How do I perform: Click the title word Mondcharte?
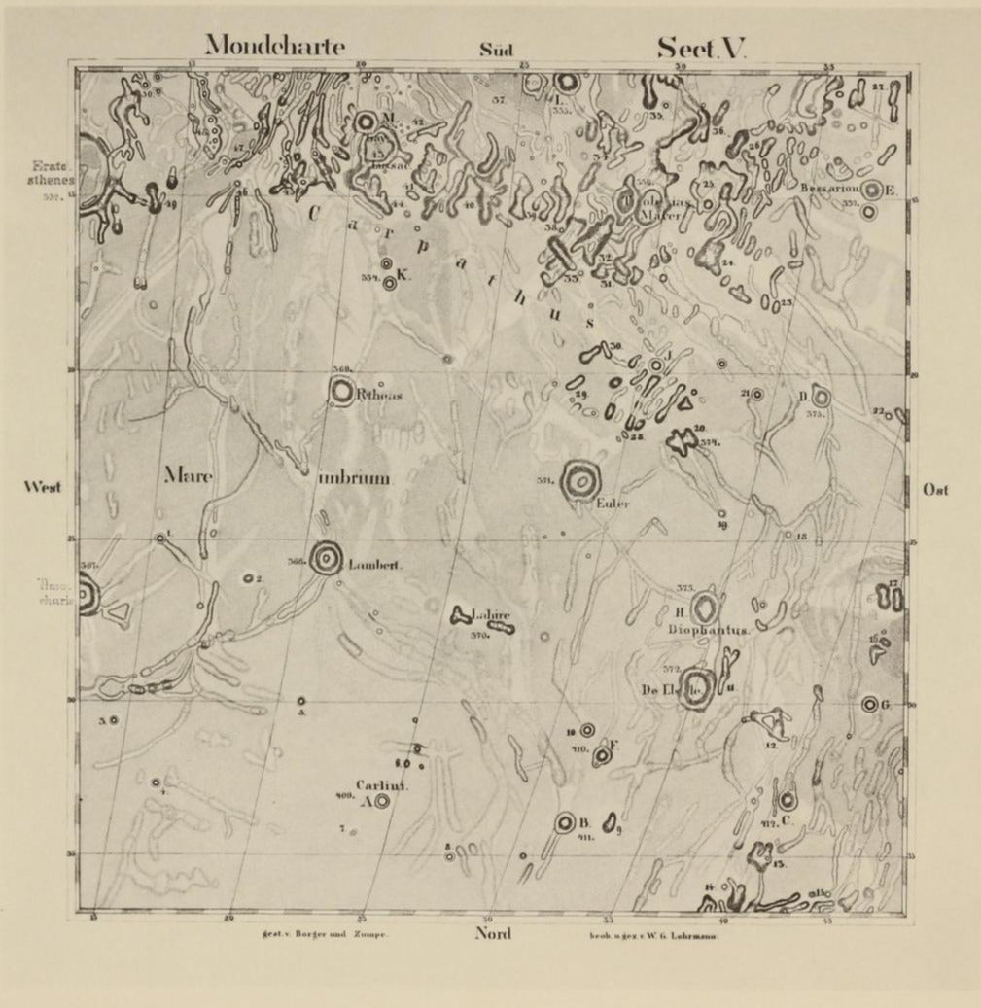point(274,46)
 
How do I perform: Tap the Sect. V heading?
point(700,48)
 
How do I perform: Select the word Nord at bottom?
point(494,935)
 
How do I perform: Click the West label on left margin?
point(43,487)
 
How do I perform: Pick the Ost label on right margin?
point(935,490)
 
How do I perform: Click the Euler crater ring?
point(581,480)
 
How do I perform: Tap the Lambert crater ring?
point(326,558)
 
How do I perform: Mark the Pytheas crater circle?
point(341,392)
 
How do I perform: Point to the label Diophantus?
point(709,630)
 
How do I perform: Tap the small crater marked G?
point(869,704)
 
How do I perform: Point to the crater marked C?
point(786,802)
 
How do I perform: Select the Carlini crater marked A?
point(381,802)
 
